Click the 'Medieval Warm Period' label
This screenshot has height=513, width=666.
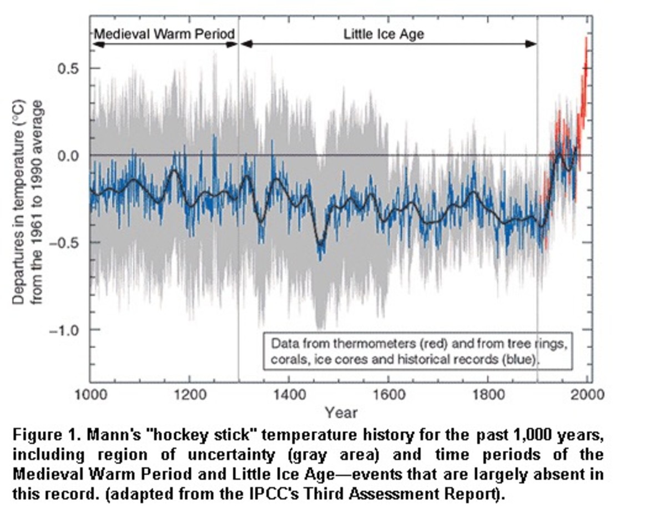click(x=164, y=33)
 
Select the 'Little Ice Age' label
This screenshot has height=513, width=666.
click(x=384, y=34)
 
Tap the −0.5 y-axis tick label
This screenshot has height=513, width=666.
click(x=67, y=243)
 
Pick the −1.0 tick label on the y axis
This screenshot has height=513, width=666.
click(x=67, y=330)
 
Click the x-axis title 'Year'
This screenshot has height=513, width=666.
click(x=341, y=413)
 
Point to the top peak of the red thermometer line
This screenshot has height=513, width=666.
click(x=586, y=38)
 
